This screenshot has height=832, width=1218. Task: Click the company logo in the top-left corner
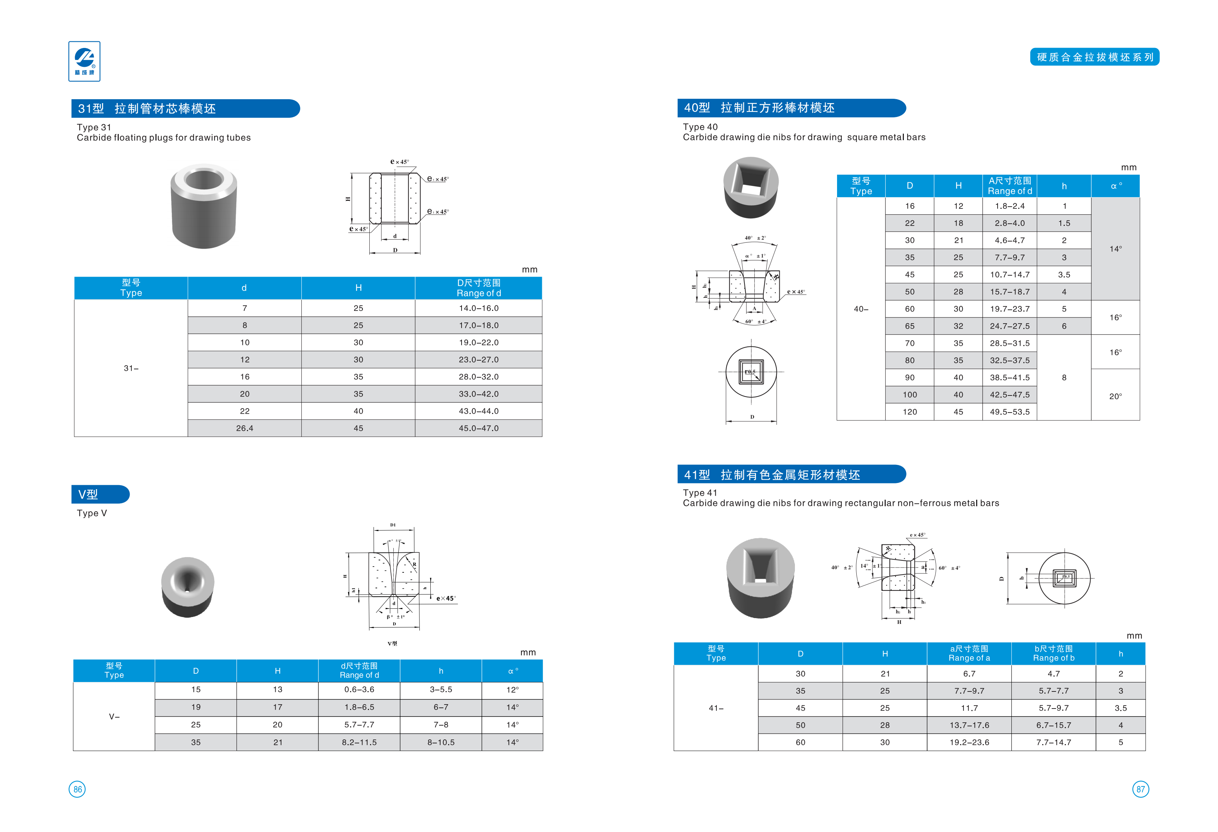coord(84,61)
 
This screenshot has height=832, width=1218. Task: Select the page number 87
coord(1140,789)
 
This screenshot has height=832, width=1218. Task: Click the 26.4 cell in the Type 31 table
coord(244,428)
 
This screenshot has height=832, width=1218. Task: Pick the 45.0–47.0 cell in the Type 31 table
coord(479,428)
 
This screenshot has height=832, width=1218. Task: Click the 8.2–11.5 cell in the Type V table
coord(359,742)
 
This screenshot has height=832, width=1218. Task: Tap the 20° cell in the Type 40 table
coord(1115,396)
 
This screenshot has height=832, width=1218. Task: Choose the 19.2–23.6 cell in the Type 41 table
coord(969,742)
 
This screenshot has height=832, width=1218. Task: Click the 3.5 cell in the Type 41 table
coord(1121,708)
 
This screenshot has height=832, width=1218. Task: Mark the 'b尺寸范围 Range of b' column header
coord(1053,653)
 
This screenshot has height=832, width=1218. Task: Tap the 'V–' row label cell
coord(114,717)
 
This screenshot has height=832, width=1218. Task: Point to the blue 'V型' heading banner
coord(100,494)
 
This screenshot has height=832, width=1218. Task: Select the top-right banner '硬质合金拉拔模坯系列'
coord(1094,57)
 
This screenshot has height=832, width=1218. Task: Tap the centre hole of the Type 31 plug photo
coord(203,180)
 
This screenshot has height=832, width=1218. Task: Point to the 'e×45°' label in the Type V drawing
coord(446,598)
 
